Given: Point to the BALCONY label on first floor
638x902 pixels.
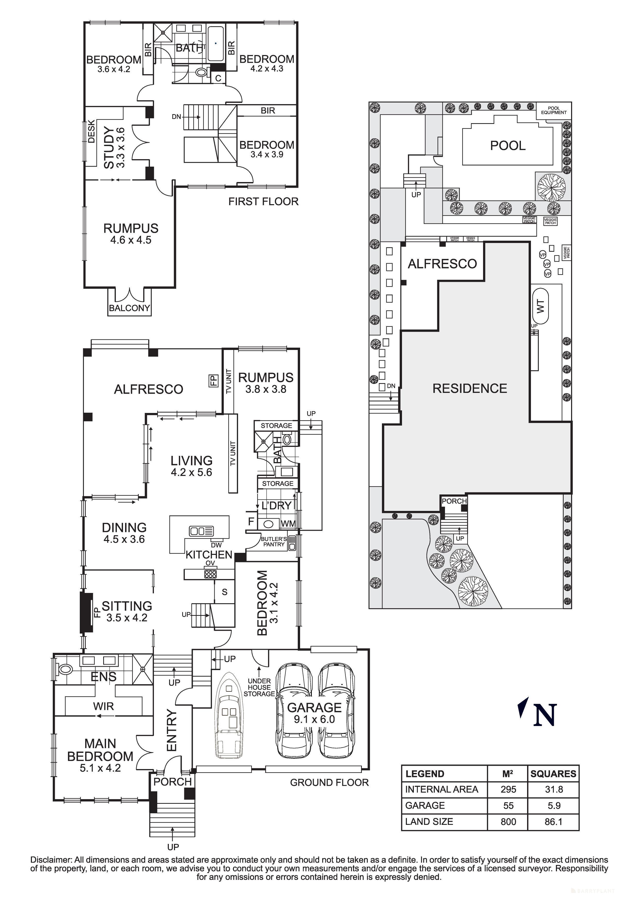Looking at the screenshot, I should click(x=129, y=308).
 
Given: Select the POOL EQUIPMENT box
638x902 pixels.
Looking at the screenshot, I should click(x=554, y=110).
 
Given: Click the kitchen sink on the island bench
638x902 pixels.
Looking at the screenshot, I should click(x=201, y=531).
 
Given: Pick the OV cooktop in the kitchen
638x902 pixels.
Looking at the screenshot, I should click(x=210, y=574).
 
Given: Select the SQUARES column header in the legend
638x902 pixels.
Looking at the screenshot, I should click(x=553, y=773).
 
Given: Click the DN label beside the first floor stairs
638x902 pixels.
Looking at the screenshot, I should click(x=177, y=117).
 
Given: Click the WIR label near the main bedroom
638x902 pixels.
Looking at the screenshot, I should click(x=103, y=706).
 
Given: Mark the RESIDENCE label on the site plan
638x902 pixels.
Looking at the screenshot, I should click(x=470, y=389).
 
